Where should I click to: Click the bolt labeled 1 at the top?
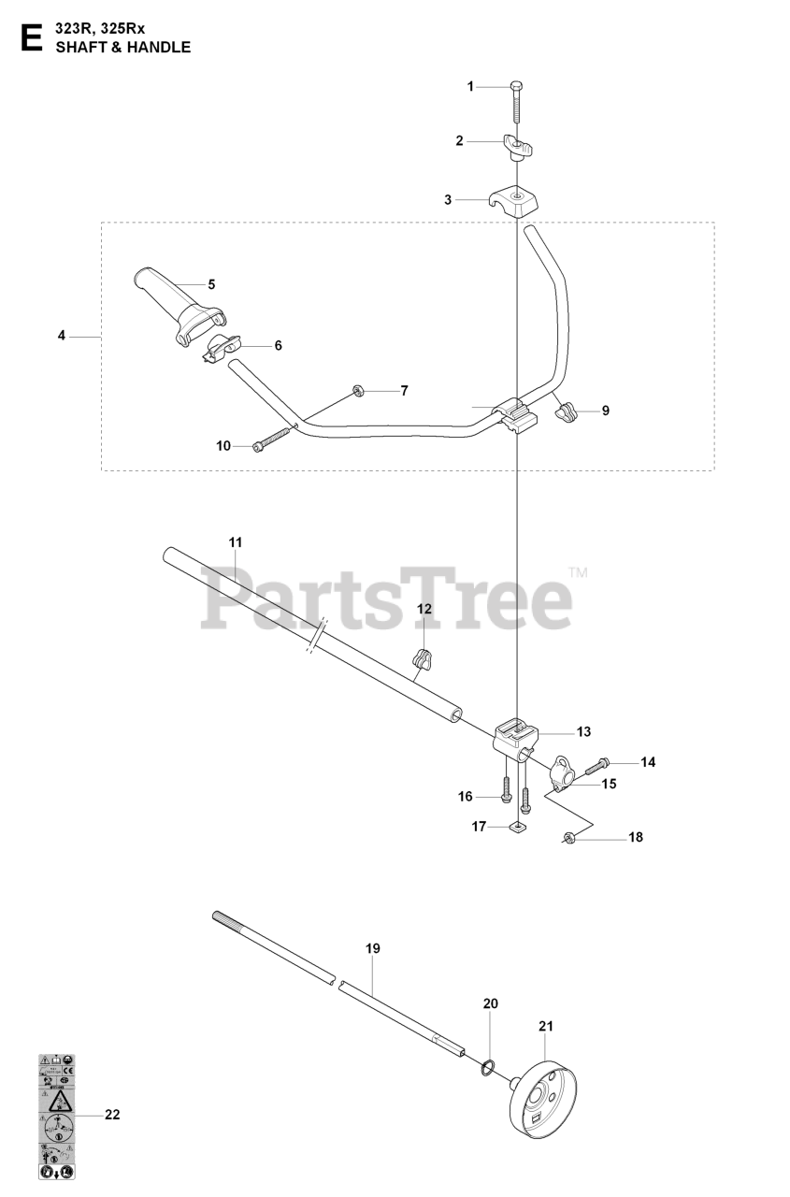tap(516, 103)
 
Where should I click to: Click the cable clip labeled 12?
tap(423, 660)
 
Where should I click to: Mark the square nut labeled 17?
tap(517, 827)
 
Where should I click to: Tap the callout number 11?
tap(235, 541)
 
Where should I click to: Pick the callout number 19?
tap(373, 949)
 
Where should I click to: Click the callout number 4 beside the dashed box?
tap(62, 335)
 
